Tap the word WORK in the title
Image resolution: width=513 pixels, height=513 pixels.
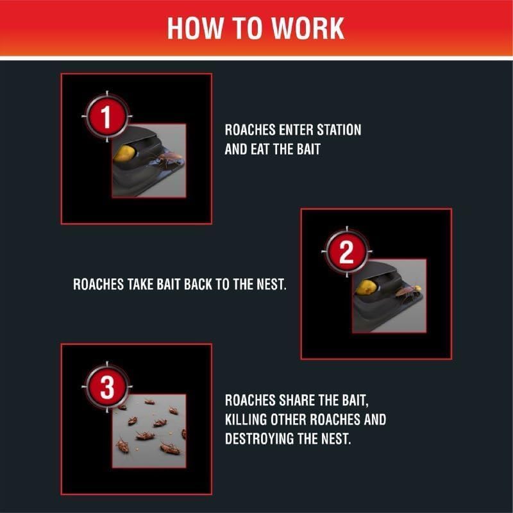[308, 28]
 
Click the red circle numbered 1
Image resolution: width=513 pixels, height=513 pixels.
[107, 117]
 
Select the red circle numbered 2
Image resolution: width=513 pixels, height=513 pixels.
[347, 251]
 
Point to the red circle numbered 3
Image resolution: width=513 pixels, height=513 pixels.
[107, 387]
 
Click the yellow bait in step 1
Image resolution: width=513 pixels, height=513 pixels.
[125, 153]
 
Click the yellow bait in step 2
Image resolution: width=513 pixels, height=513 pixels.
[366, 287]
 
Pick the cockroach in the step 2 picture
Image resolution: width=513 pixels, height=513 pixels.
[408, 291]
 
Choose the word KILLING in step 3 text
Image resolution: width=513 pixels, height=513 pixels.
[246, 419]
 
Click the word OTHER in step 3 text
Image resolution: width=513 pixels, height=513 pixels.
[288, 419]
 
